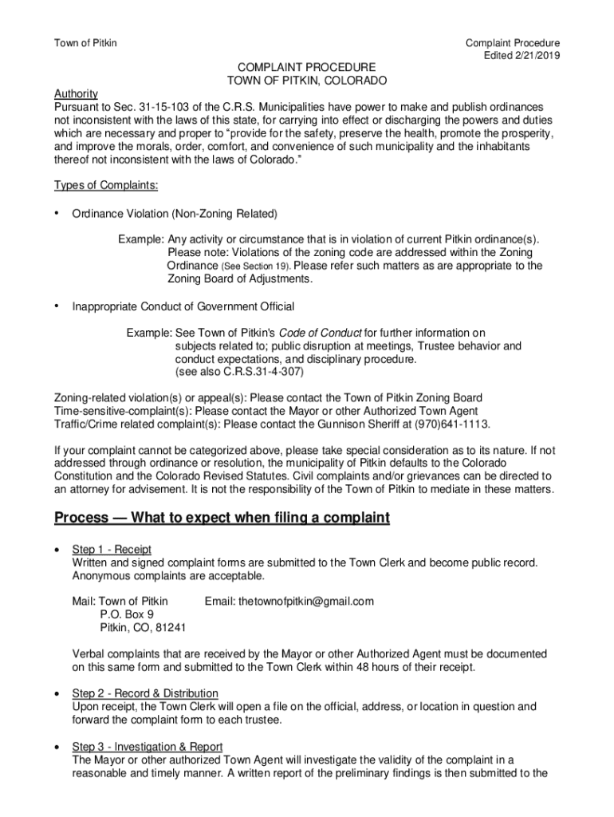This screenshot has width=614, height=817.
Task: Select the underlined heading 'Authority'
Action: click(76, 93)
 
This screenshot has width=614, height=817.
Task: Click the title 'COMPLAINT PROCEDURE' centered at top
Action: click(307, 68)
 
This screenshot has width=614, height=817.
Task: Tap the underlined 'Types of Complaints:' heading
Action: click(106, 186)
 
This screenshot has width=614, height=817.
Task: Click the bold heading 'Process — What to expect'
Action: click(222, 519)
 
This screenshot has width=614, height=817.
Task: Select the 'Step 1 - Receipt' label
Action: click(112, 550)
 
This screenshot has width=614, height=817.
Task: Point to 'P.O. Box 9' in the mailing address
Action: click(127, 614)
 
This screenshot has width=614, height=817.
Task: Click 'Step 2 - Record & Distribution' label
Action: click(145, 693)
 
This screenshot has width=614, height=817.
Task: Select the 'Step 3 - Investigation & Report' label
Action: click(148, 746)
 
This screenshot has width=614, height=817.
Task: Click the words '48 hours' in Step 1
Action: click(373, 667)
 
